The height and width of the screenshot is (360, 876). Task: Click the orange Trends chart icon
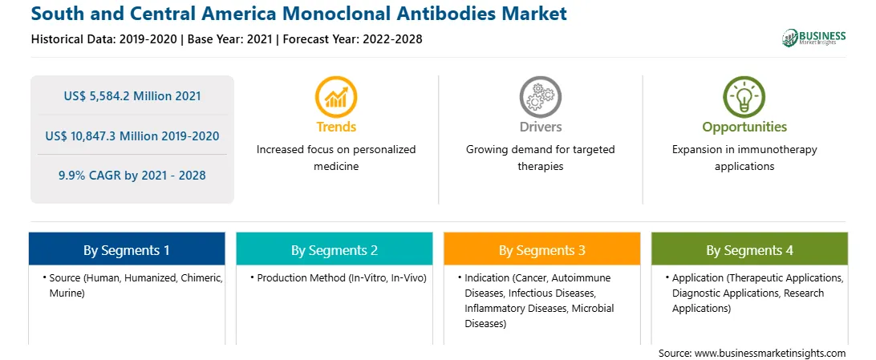pos(336,96)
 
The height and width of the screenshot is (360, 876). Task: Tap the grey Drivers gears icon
pos(540,96)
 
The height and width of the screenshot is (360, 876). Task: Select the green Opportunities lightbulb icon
pos(744,96)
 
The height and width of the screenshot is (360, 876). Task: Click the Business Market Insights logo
pos(813,38)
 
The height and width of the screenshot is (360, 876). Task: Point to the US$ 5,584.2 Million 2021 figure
pos(132,96)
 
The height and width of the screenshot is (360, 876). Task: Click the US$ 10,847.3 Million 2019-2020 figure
pos(132,136)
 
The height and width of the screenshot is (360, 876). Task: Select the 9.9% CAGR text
pos(132,176)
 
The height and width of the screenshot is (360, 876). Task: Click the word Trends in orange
pos(336,127)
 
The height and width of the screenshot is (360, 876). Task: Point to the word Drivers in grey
pos(540,127)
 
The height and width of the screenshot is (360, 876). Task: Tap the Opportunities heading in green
pos(744,127)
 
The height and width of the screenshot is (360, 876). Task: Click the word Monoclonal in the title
pos(349,14)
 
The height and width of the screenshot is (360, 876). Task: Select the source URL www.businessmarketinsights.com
pos(770,353)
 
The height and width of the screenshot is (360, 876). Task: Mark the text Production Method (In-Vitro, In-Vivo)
pos(342,278)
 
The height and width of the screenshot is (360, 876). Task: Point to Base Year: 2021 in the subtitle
pos(229,39)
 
